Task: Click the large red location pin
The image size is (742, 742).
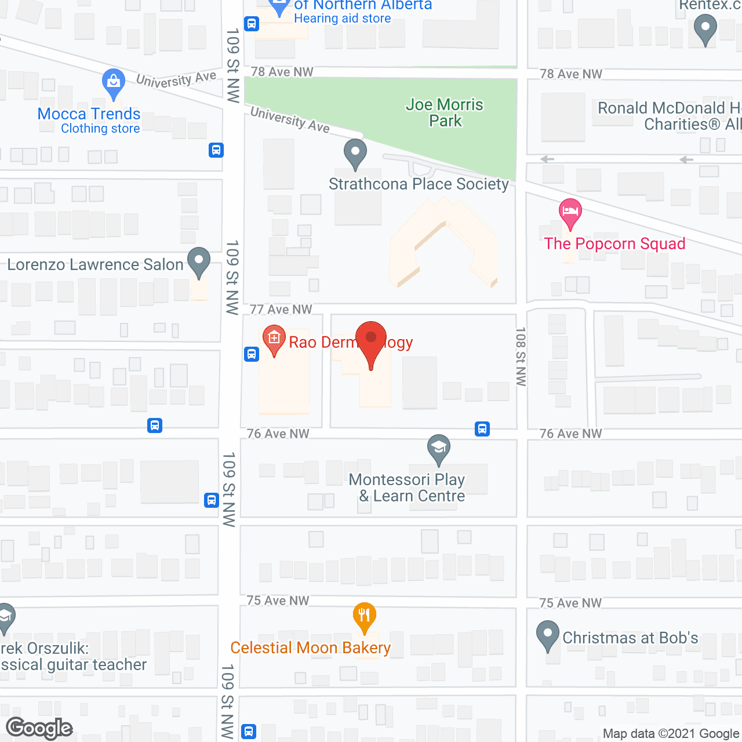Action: point(370,342)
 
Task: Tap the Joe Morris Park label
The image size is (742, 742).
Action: point(445,112)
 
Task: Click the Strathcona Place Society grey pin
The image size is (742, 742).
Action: point(355,154)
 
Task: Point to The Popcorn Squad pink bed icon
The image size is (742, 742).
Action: point(570,213)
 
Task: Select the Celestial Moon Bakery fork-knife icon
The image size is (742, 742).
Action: point(364,616)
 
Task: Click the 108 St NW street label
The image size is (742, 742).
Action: point(521,356)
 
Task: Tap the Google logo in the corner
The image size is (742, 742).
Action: point(39,728)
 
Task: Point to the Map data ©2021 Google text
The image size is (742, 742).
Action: point(671,733)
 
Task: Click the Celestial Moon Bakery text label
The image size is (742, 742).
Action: point(311,648)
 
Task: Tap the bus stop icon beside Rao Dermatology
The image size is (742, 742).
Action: point(252,354)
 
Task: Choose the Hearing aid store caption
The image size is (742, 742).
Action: point(342,19)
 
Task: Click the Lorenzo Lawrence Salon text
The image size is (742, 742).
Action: point(95,265)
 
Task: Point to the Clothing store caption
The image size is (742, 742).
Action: point(100,129)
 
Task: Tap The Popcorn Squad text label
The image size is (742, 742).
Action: point(614,243)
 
